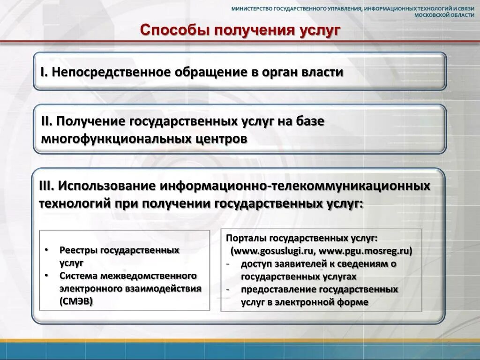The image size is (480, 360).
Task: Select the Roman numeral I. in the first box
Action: [x=43, y=72]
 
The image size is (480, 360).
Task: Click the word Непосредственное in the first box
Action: [x=110, y=72]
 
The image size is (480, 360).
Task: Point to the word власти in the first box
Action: [x=322, y=72]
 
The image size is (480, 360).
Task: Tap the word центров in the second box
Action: [x=221, y=139]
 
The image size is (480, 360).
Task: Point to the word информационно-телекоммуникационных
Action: [x=295, y=186]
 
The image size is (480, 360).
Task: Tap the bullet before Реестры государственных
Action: [x=46, y=250]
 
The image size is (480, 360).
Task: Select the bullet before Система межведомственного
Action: [x=46, y=276]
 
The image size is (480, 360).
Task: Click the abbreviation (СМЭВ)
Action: [x=76, y=301]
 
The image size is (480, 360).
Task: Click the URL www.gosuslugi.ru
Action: [x=272, y=251]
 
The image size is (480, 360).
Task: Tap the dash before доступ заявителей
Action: [x=228, y=264]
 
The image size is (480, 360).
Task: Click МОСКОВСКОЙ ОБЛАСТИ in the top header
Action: [x=446, y=15]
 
